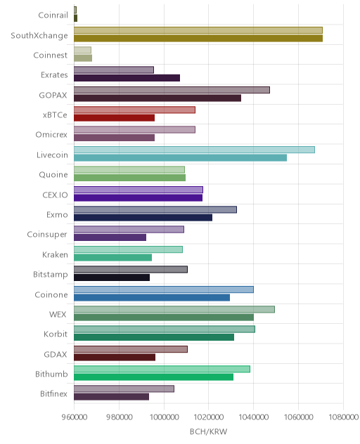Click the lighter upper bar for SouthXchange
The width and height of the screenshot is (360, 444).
tap(198, 30)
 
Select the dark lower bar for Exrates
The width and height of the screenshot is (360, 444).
tap(127, 78)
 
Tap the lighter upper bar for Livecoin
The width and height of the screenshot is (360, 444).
tap(194, 150)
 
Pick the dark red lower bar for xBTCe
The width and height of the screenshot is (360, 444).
tap(114, 118)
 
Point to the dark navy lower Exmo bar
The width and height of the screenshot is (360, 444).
tap(143, 218)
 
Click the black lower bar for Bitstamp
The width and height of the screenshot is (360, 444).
tap(112, 277)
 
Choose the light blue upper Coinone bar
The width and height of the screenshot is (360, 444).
tap(164, 289)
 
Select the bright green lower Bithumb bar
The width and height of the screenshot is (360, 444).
tap(154, 377)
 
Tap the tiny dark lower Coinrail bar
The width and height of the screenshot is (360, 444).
tap(75, 18)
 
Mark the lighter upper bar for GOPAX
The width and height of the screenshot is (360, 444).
tap(172, 90)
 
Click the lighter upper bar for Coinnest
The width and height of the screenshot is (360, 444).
tap(82, 50)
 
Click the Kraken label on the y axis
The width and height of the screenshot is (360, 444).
tap(55, 254)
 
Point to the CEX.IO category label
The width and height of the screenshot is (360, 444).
tap(55, 195)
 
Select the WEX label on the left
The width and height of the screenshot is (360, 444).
tap(58, 314)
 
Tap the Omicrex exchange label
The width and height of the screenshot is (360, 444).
tap(51, 134)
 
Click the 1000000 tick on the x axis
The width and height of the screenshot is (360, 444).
tap(164, 417)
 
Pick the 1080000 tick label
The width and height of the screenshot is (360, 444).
tap(343, 417)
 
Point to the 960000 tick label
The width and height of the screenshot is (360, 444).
tap(75, 417)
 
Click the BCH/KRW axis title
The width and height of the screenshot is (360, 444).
tap(208, 431)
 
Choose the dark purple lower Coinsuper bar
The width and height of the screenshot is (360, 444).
tap(110, 237)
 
